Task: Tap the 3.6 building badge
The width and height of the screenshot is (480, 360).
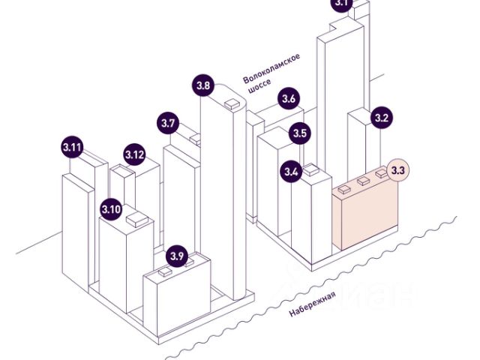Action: pos(289,98)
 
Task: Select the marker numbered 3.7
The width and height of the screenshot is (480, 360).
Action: pos(168,123)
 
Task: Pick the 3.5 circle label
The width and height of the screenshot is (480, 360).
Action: pos(300,134)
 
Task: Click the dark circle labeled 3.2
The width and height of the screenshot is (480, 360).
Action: pos(382,118)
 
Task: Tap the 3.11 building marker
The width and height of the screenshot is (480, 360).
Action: pos(72,147)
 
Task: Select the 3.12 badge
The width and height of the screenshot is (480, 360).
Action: pos(135,155)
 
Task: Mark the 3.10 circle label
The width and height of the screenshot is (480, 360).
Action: pos(111,208)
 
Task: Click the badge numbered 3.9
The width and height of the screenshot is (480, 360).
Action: pos(177,256)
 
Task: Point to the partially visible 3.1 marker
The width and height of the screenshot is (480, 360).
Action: pos(342,4)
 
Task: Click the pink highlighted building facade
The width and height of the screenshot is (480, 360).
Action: pos(370,217)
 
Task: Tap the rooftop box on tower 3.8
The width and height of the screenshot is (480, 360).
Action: pos(232,104)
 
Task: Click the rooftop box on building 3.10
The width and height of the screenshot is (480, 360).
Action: pos(136,220)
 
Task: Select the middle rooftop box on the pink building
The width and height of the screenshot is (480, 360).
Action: pos(364,181)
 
